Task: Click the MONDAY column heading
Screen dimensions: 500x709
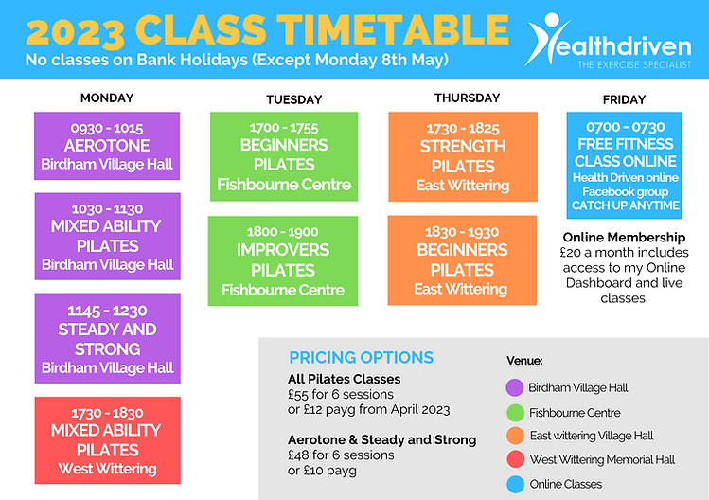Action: pyautogui.click(x=107, y=98)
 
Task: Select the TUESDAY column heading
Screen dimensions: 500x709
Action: pyautogui.click(x=293, y=99)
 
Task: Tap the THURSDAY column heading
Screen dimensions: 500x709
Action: pyautogui.click(x=467, y=98)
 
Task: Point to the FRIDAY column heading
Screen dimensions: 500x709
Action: pyautogui.click(x=624, y=99)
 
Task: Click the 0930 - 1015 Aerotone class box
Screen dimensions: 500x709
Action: pyautogui.click(x=107, y=147)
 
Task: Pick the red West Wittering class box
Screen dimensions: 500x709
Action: pyautogui.click(x=107, y=440)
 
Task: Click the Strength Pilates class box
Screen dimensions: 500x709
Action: pyautogui.click(x=462, y=156)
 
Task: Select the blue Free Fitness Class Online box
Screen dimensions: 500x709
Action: pyautogui.click(x=624, y=165)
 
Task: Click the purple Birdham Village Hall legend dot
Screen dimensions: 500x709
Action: pyautogui.click(x=515, y=387)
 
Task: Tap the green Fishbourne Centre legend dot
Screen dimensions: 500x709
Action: pyautogui.click(x=515, y=412)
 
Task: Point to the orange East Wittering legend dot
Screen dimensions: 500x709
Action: pyautogui.click(x=515, y=436)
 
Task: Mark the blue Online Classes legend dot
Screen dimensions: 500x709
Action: pyautogui.click(x=515, y=484)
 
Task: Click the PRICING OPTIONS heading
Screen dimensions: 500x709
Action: pyautogui.click(x=361, y=357)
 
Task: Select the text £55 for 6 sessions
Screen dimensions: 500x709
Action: pyautogui.click(x=342, y=395)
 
